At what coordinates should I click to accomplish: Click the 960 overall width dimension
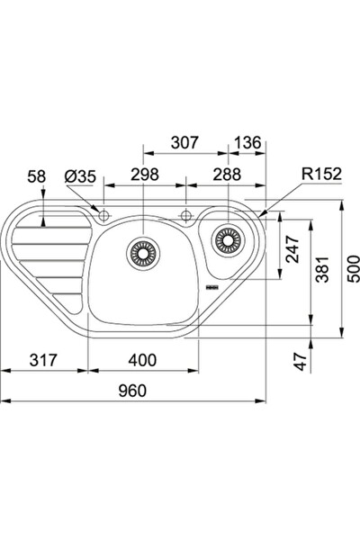132,391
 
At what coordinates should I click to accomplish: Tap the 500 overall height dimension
353,269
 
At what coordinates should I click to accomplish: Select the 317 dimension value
43,360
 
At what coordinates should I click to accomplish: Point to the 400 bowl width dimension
142,360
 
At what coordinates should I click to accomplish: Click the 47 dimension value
301,361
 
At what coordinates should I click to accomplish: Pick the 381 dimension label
322,269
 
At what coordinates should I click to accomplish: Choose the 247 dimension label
292,249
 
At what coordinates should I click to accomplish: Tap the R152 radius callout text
322,175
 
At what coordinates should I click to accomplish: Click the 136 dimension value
247,142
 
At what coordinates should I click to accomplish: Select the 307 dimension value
185,142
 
